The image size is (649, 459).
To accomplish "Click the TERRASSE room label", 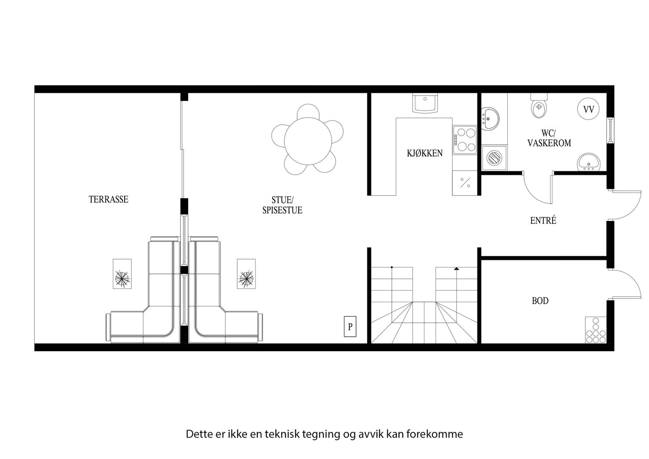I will (x=108, y=199).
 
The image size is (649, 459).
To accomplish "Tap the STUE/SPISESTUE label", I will (x=282, y=205).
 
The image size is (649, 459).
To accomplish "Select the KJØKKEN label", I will (x=425, y=153).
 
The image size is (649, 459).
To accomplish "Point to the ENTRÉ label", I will (x=543, y=221).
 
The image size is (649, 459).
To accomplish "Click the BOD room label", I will (x=540, y=301).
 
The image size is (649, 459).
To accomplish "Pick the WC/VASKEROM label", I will (x=549, y=138).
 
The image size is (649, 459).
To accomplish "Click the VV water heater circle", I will (x=589, y=109).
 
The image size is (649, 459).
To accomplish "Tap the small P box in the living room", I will (x=350, y=326).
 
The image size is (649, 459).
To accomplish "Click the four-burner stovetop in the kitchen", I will (x=465, y=139).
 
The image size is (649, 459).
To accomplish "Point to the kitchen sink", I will (x=425, y=103).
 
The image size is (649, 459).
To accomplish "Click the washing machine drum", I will (x=494, y=158).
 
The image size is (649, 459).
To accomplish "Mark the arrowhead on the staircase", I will (x=456, y=268).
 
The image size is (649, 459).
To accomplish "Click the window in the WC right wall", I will (x=610, y=130).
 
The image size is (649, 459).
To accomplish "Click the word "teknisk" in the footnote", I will (x=282, y=434).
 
